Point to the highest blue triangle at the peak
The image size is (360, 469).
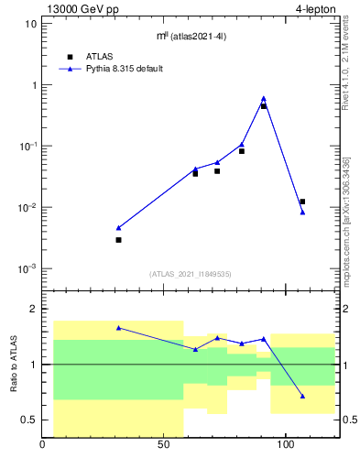pos(264,98)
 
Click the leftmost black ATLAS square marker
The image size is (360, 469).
pos(118,240)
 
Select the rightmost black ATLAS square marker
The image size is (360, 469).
pos(302,202)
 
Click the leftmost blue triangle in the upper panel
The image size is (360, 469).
pos(118,227)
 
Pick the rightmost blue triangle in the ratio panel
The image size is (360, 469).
pos(302,397)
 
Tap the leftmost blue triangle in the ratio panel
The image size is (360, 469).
pos(118,327)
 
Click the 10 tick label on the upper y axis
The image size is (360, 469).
pos(30,24)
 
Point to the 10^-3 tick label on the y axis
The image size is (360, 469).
pos(27,268)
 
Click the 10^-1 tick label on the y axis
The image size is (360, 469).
pos(27,146)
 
